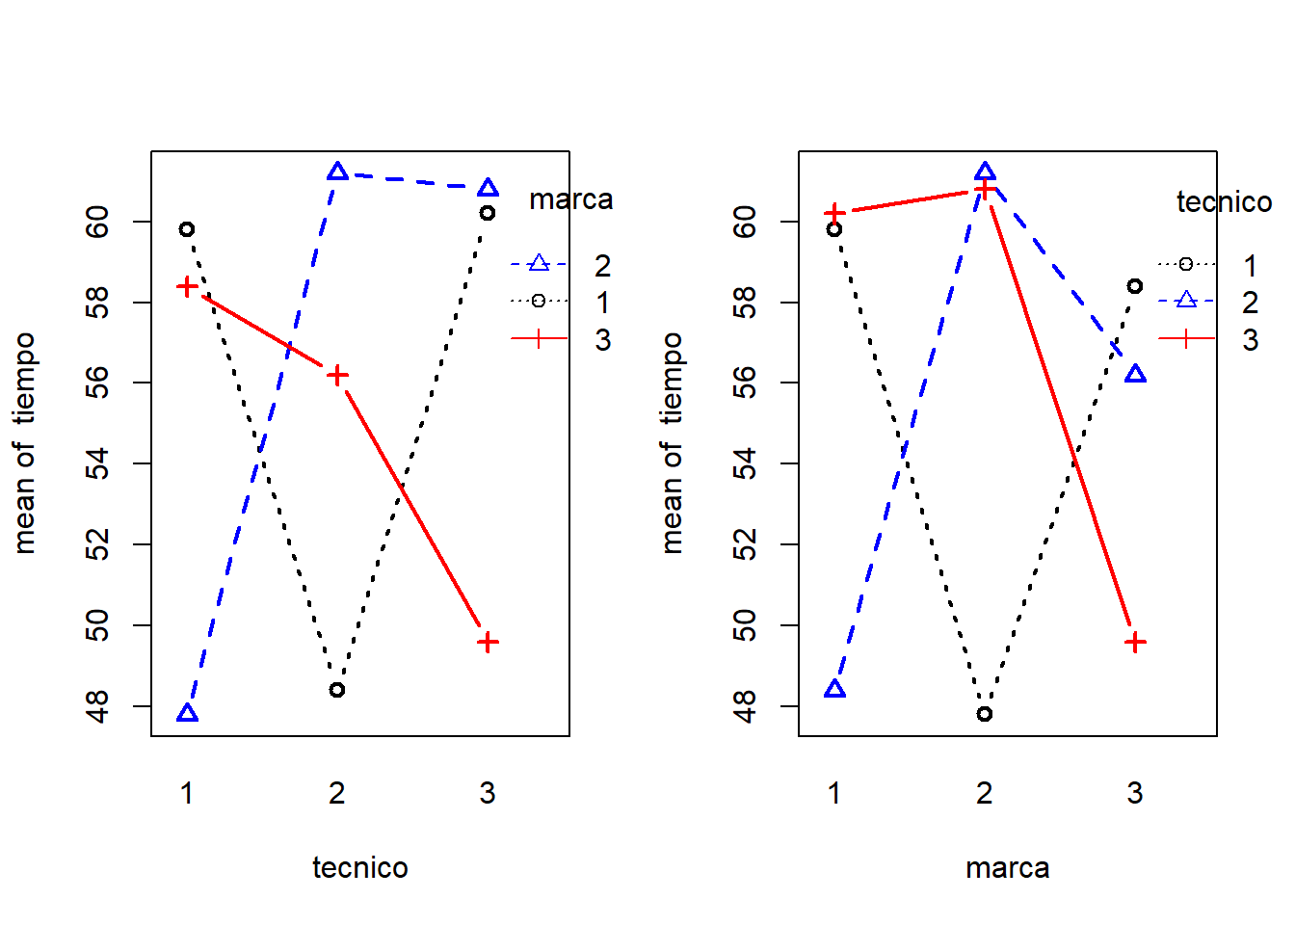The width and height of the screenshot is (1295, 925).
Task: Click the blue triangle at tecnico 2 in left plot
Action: (x=337, y=172)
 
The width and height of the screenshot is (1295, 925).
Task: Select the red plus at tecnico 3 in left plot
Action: (x=488, y=642)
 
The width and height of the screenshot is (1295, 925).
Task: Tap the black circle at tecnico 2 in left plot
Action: (x=337, y=690)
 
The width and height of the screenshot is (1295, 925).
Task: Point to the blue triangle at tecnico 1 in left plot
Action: (x=188, y=713)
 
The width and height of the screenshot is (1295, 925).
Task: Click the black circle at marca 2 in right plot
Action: (x=984, y=714)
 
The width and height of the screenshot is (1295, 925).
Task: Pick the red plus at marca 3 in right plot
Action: (x=1135, y=642)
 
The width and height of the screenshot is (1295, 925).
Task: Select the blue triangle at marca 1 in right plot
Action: (x=835, y=689)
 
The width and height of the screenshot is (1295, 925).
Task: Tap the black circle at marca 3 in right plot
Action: (x=1135, y=286)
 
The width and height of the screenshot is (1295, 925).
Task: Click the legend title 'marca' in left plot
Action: (x=570, y=199)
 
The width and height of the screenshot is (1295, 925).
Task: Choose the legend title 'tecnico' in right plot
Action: (x=1224, y=202)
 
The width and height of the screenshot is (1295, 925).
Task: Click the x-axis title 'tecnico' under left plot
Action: (x=359, y=867)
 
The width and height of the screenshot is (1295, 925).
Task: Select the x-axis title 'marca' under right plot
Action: (x=1007, y=867)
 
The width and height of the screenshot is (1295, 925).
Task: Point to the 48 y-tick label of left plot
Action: (x=98, y=706)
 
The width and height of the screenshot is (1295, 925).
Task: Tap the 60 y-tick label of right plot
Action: (x=746, y=223)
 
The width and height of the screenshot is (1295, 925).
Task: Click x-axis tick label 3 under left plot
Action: (x=488, y=793)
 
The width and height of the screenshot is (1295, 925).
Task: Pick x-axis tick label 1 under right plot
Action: (x=834, y=793)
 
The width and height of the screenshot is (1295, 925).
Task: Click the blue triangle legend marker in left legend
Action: (x=539, y=264)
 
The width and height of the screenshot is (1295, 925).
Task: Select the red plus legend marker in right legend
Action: (x=1186, y=339)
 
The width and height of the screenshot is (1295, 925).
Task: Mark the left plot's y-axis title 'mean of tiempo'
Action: (x=25, y=443)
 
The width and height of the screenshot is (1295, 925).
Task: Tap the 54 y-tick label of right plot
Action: (x=746, y=464)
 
